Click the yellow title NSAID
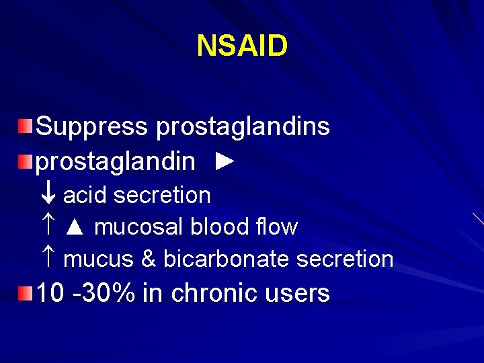pyautogui.click(x=242, y=46)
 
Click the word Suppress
pyautogui.click(x=92, y=126)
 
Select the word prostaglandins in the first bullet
pyautogui.click(x=243, y=126)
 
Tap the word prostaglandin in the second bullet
pyautogui.click(x=115, y=161)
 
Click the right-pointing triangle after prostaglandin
pyautogui.click(x=227, y=161)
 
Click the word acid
pyautogui.click(x=85, y=196)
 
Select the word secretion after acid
pyautogui.click(x=162, y=196)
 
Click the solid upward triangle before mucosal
pyautogui.click(x=75, y=228)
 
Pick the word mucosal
pyautogui.click(x=138, y=227)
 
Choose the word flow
pyautogui.click(x=280, y=227)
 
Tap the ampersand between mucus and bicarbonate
pyautogui.click(x=148, y=259)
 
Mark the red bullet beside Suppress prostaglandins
pyautogui.click(x=25, y=126)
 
